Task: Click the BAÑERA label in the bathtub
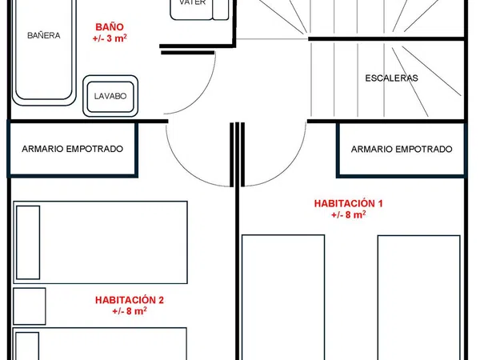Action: [44, 35]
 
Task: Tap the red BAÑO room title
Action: [110, 27]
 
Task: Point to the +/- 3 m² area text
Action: [110, 38]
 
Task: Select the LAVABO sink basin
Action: [110, 96]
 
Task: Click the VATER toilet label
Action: [193, 2]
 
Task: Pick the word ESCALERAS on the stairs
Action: [391, 78]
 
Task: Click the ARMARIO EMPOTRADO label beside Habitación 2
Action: [73, 149]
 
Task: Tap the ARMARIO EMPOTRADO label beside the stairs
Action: [402, 149]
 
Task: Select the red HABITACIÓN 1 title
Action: [348, 203]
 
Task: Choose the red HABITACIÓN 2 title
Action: [130, 300]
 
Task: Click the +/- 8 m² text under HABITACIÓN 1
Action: [348, 215]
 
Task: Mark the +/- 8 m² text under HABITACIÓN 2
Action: [130, 311]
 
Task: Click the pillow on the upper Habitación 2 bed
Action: [28, 242]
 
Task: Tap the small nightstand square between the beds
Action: [30, 306]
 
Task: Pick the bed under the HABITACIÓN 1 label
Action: [283, 298]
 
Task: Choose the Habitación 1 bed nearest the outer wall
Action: [418, 298]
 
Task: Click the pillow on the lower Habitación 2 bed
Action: [27, 346]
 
